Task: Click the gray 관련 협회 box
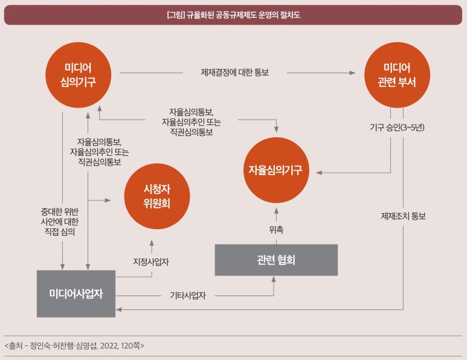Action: (x=275, y=260)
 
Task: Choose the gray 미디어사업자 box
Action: (x=76, y=294)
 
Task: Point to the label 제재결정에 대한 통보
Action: (x=234, y=72)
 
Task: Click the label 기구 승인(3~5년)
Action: (x=397, y=127)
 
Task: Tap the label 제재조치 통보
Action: (x=403, y=216)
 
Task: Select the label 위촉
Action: (x=276, y=229)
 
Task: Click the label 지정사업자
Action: (x=150, y=262)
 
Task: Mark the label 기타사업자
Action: (x=188, y=296)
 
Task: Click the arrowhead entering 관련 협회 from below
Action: (x=274, y=279)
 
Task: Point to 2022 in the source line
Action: (x=109, y=346)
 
